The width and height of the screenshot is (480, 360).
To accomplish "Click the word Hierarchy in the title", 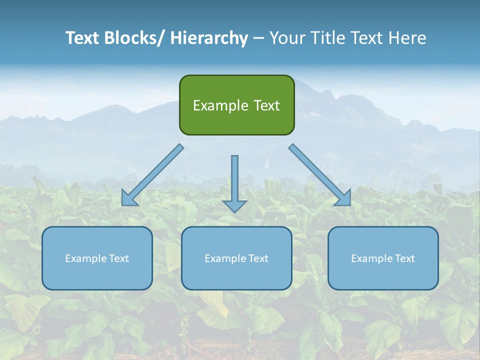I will (x=209, y=38).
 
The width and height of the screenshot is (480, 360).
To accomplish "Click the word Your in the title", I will (x=287, y=38).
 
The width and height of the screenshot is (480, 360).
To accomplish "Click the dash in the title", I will (x=258, y=38).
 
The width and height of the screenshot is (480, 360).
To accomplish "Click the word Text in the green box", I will (x=265, y=105).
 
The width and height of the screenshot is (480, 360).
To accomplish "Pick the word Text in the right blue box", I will (x=404, y=258).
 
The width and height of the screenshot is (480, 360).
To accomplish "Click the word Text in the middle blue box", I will (x=258, y=258).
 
